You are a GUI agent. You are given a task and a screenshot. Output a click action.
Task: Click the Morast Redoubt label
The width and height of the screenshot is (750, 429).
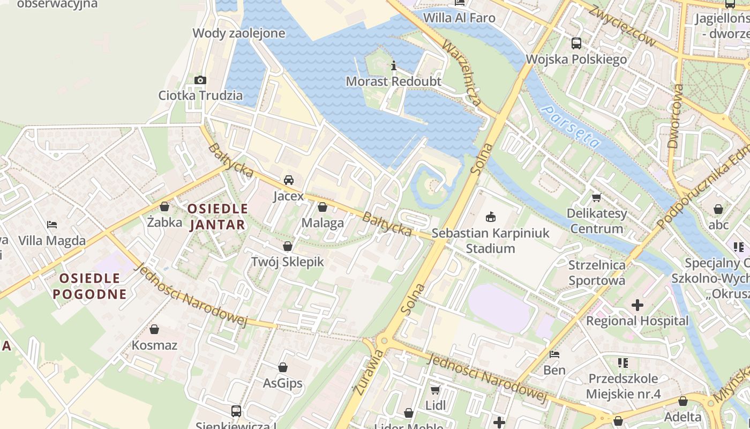[x=393, y=82]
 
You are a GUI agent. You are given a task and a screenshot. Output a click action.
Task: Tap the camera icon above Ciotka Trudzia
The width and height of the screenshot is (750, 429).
[x=200, y=80]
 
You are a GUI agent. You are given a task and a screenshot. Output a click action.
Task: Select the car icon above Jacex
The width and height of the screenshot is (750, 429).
[x=289, y=180]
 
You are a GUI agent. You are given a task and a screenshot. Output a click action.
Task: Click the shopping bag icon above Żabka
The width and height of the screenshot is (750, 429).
[x=164, y=206]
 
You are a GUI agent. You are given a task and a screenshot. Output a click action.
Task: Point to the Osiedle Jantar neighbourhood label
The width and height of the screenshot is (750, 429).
[x=217, y=216]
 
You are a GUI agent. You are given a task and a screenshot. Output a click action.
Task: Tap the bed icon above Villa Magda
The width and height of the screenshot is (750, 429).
[x=52, y=225]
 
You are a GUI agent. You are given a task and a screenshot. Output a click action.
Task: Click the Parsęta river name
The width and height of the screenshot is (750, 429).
[x=570, y=127]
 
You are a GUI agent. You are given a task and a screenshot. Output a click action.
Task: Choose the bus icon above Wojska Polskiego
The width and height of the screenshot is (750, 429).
[x=576, y=43]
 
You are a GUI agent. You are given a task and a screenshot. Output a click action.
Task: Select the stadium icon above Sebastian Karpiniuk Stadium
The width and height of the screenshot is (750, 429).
[x=490, y=217]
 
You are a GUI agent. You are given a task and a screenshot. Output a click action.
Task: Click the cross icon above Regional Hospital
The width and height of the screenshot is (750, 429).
[x=637, y=305]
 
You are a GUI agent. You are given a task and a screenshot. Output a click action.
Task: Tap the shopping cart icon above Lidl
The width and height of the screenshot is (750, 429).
[x=436, y=389]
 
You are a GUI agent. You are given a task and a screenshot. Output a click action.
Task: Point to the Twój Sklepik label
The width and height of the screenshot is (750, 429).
[x=288, y=262]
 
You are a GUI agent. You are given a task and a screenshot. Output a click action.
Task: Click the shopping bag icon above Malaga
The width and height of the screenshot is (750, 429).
[x=322, y=207]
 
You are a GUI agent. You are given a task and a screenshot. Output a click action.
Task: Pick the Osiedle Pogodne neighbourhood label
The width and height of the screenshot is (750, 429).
[x=89, y=286]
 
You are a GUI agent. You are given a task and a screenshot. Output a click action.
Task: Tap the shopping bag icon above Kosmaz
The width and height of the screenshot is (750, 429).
[x=154, y=329]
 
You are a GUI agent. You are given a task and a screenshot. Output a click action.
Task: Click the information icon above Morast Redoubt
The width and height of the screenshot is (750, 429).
[x=394, y=66]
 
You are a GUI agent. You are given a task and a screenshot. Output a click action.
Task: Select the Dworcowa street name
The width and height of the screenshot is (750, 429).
[x=676, y=116]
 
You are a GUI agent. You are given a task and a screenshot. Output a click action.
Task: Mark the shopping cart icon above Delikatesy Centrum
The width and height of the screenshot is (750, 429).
[x=596, y=197]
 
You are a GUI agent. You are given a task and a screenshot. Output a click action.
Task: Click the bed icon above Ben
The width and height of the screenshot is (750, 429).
[x=554, y=354]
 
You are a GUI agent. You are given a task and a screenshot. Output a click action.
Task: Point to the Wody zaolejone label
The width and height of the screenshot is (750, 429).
[x=238, y=33]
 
